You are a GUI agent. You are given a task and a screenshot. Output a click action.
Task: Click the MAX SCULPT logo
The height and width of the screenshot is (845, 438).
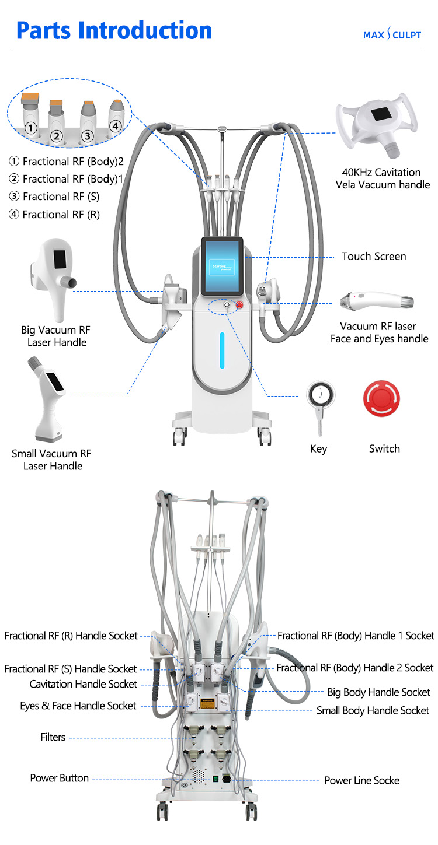pyautogui.click(x=392, y=35)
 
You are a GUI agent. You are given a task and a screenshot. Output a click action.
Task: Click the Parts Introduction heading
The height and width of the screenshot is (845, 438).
pyautogui.click(x=114, y=30)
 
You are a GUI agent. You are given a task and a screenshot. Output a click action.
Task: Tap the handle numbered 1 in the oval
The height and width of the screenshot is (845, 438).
pyautogui.click(x=31, y=117)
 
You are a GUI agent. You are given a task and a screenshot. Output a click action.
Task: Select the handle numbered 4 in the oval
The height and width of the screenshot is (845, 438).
pyautogui.click(x=115, y=114)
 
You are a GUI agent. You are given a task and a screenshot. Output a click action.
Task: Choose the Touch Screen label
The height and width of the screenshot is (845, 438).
pyautogui.click(x=374, y=256)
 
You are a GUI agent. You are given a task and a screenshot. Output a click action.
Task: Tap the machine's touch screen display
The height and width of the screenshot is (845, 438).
pyautogui.click(x=222, y=267)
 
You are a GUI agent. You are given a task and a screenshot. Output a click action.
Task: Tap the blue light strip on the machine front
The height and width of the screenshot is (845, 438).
pyautogui.click(x=222, y=350)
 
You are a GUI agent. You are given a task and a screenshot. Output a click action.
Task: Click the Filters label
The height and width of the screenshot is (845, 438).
pyautogui.click(x=53, y=738)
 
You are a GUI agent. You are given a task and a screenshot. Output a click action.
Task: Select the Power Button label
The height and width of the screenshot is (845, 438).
pyautogui.click(x=60, y=778)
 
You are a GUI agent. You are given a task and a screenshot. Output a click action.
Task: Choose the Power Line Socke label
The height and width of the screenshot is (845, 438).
pyautogui.click(x=362, y=780)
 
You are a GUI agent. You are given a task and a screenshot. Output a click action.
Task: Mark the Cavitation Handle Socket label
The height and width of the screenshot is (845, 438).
pyautogui.click(x=84, y=684)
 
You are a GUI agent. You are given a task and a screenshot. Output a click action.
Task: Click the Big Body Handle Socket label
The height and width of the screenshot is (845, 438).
pyautogui.click(x=378, y=692)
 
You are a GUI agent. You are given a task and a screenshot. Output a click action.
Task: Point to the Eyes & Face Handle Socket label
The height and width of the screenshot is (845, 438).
pyautogui.click(x=78, y=706)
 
